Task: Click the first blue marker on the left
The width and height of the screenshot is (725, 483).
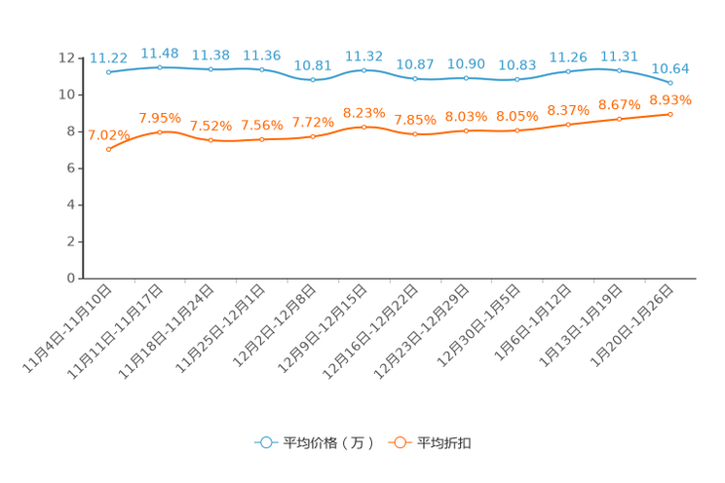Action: (x=109, y=72)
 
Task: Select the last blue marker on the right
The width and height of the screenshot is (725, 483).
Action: (x=670, y=84)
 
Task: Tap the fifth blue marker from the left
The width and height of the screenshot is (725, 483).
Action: (x=313, y=80)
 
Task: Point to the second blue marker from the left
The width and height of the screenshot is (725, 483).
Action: (x=160, y=67)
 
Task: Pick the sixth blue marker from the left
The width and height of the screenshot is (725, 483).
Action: (x=363, y=70)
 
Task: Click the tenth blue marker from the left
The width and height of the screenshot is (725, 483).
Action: (x=568, y=71)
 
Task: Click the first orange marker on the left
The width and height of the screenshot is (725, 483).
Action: (x=109, y=149)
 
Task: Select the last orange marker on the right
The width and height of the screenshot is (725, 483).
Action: (x=670, y=114)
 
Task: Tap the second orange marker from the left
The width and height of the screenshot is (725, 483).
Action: (x=160, y=131)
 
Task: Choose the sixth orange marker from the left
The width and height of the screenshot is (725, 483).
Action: (x=363, y=128)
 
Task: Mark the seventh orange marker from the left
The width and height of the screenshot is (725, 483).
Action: (x=415, y=135)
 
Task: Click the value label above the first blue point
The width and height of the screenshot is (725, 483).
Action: (x=108, y=57)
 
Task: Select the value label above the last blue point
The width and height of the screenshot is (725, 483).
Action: (x=670, y=68)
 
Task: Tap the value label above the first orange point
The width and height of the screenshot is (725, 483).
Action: (x=108, y=134)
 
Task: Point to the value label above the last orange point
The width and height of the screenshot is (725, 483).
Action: (x=670, y=99)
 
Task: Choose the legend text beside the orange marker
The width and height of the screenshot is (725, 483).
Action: (x=445, y=443)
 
